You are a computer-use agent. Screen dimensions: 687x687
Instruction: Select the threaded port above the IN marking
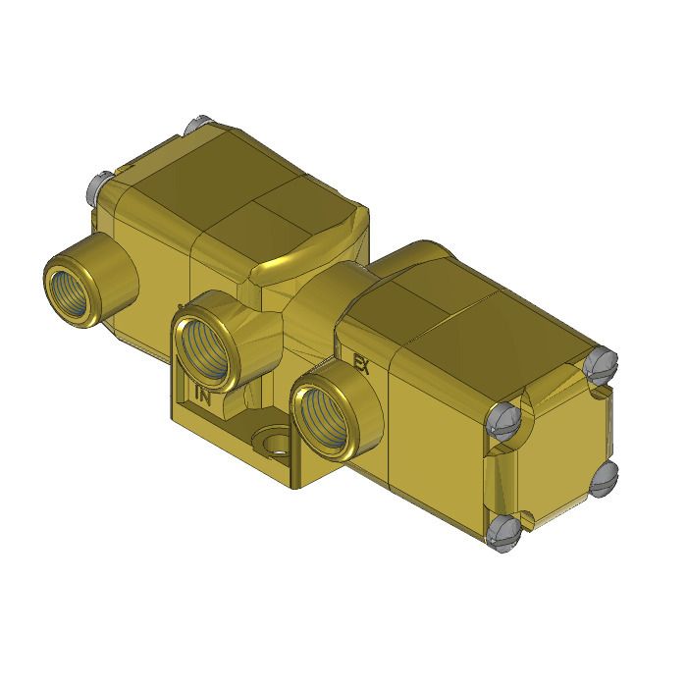click(x=210, y=343)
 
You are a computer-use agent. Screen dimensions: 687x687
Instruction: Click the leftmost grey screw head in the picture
click(x=98, y=184)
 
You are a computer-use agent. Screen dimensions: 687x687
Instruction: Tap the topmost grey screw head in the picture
click(x=192, y=127)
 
